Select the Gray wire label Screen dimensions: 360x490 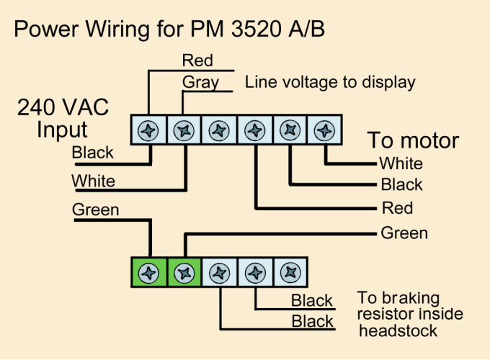click(200, 82)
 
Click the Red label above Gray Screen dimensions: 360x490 click(197, 60)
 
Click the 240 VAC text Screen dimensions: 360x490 click(63, 109)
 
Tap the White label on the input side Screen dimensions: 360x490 click(93, 181)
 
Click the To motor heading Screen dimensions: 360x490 click(413, 140)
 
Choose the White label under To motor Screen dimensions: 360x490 click(401, 163)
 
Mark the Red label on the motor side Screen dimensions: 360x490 click(397, 209)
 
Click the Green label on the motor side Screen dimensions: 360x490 click(404, 233)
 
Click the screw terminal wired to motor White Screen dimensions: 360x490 click(325, 131)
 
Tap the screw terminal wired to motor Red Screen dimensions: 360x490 click(254, 131)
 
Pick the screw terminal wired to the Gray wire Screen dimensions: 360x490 click(184, 131)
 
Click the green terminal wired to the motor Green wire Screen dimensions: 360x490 click(184, 273)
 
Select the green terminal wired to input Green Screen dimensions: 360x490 click(149, 273)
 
